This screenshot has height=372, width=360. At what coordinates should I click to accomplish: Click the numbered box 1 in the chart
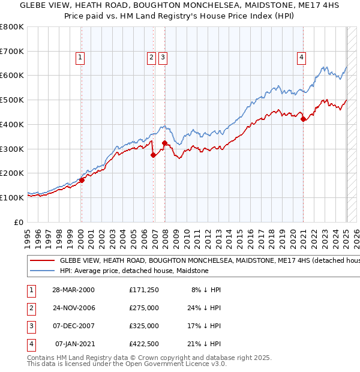tap(80, 58)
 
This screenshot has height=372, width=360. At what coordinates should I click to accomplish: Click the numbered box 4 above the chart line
tap(301, 58)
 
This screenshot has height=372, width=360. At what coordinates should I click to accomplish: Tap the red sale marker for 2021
tap(304, 119)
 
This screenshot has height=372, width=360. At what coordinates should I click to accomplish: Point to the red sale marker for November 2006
tap(153, 155)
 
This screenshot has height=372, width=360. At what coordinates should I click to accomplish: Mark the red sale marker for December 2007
tap(164, 143)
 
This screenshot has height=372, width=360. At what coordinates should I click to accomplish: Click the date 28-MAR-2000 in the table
tap(73, 290)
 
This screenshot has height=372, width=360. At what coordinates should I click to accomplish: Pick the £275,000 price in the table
tap(144, 308)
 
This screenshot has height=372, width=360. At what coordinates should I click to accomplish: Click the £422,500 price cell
tap(144, 344)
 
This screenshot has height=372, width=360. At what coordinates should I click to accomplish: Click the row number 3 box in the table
tap(30, 326)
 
